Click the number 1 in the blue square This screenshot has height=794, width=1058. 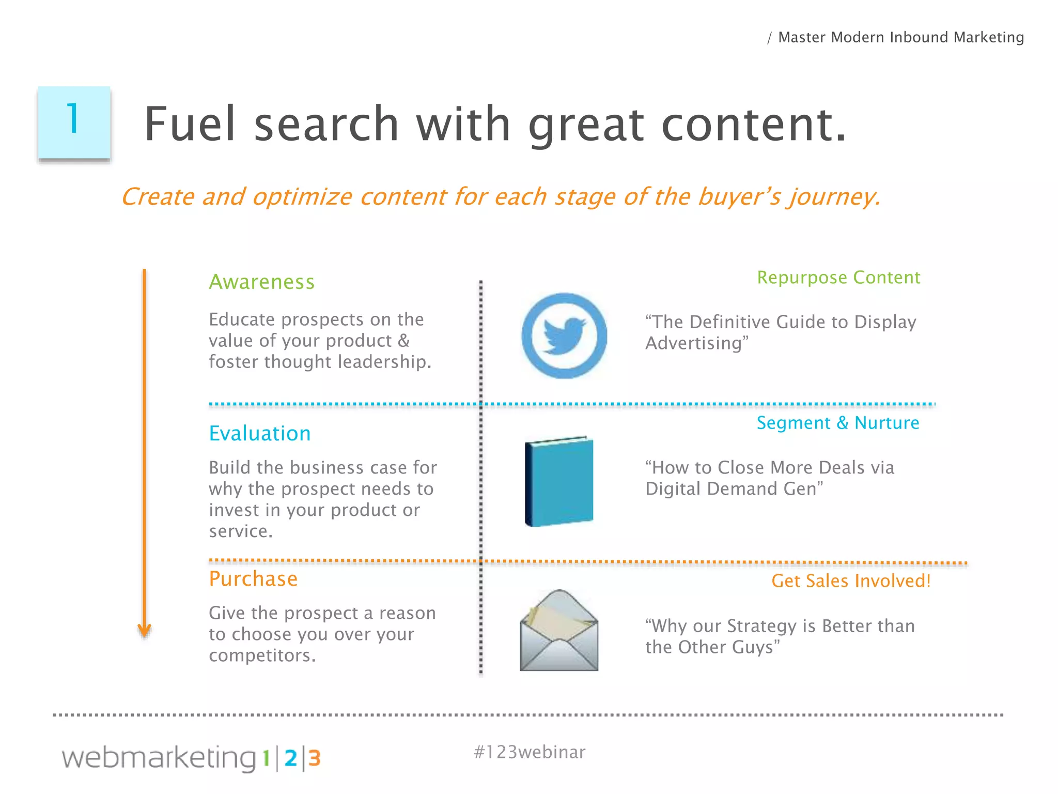(x=73, y=118)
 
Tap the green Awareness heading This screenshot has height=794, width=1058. (x=261, y=282)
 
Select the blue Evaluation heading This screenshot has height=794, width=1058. (x=260, y=434)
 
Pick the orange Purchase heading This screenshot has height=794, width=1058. (x=253, y=579)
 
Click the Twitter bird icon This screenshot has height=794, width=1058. (x=564, y=336)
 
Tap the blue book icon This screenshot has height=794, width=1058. (x=559, y=481)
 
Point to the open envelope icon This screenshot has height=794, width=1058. (x=559, y=631)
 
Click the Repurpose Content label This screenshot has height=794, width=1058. (x=838, y=278)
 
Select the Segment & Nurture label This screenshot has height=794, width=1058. (x=838, y=423)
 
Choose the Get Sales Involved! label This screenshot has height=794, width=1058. (x=851, y=581)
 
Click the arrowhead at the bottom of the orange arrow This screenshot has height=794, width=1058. (x=145, y=631)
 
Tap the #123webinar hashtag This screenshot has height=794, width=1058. (x=529, y=752)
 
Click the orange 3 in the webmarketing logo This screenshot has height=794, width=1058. (x=315, y=758)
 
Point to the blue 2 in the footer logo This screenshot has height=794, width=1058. (x=291, y=758)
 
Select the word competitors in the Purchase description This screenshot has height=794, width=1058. (x=261, y=655)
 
